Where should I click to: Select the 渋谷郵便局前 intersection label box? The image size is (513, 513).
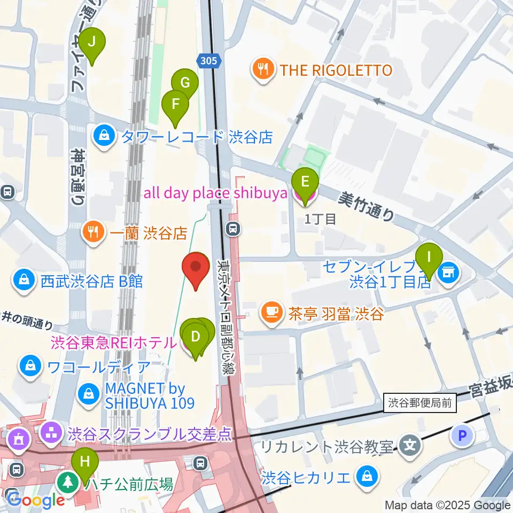420,403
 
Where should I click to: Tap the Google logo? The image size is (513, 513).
36,500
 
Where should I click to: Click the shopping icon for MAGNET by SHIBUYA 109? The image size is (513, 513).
88,395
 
